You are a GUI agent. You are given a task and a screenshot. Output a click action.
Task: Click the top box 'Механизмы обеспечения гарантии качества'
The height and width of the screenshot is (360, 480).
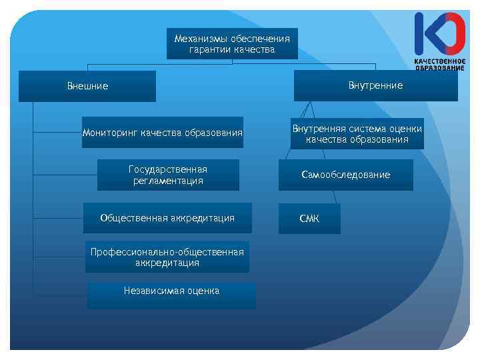(x=232, y=44)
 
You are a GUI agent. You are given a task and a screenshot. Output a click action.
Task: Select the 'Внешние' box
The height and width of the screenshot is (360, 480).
(x=87, y=86)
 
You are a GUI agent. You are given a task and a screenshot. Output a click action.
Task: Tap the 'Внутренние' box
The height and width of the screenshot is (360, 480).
(x=375, y=85)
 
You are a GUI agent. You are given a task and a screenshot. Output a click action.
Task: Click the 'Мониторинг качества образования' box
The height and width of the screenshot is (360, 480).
(x=163, y=133)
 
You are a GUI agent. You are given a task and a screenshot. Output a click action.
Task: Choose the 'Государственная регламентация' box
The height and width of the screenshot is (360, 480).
(x=168, y=175)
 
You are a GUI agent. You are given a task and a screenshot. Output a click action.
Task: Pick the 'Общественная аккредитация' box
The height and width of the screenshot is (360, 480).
(x=167, y=218)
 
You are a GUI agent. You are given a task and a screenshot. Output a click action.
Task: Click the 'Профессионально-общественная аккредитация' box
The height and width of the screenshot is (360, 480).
(x=167, y=257)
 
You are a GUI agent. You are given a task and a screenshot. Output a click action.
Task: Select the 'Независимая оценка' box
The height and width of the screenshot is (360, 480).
(x=171, y=295)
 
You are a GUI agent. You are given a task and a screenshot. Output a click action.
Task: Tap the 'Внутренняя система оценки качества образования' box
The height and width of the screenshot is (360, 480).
(x=357, y=134)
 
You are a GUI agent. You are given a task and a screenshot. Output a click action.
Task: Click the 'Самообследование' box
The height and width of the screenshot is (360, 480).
(x=345, y=175)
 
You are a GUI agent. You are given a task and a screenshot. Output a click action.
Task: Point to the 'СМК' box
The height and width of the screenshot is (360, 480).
(x=309, y=219)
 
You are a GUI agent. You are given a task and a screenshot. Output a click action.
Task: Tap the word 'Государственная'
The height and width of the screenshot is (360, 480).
(x=168, y=169)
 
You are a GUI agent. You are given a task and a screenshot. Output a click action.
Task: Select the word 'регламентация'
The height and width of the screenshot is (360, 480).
(x=168, y=181)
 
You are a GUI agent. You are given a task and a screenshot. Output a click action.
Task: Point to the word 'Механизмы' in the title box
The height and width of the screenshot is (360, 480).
(x=197, y=39)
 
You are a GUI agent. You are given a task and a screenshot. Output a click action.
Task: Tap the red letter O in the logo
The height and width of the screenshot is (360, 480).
(x=453, y=33)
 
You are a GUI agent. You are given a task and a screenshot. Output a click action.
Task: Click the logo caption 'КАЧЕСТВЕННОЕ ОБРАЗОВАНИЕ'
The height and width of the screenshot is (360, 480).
(x=440, y=64)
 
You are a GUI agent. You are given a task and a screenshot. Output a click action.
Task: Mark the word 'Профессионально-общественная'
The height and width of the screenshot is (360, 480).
(x=167, y=252)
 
